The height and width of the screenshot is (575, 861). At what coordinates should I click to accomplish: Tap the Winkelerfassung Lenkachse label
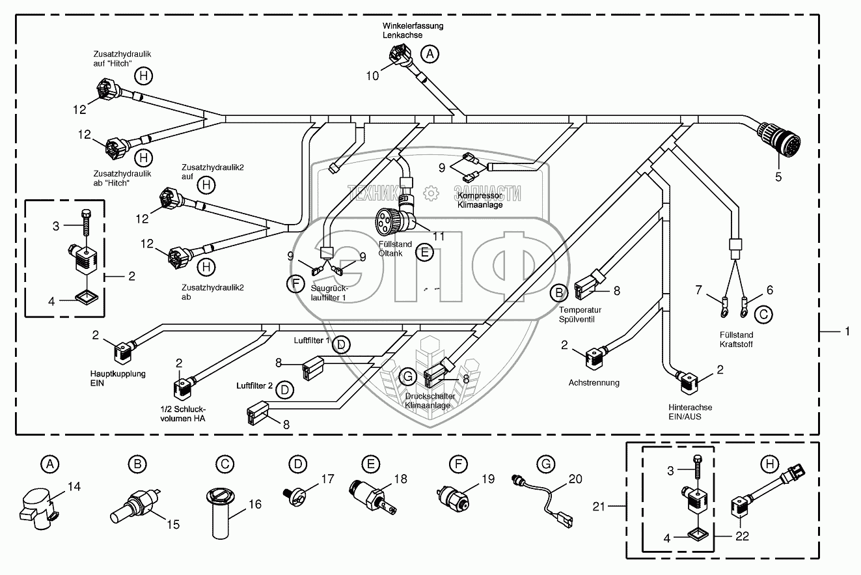412,31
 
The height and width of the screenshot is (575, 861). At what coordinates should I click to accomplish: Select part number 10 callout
372,76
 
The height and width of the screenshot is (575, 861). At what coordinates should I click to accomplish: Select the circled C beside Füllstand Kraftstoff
764,315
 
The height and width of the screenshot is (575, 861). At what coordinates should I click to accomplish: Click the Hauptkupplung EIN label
118,378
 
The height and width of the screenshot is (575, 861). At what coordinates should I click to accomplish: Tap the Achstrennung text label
594,383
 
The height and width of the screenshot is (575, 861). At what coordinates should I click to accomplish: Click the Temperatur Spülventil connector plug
585,287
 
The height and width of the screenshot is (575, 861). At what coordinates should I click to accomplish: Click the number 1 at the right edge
847,331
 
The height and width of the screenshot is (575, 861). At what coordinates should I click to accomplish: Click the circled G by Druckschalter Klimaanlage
408,376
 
